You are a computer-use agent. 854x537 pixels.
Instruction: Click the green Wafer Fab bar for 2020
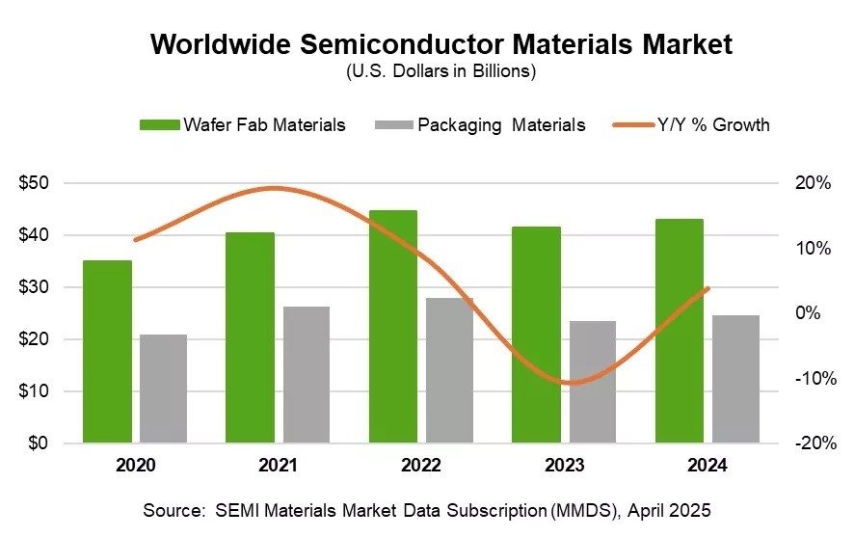pyautogui.click(x=107, y=352)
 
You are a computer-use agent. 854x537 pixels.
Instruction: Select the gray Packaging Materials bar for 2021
pyautogui.click(x=307, y=375)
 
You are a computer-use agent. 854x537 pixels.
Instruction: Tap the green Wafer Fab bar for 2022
pyautogui.click(x=393, y=327)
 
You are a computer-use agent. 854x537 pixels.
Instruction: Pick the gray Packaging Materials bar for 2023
pyautogui.click(x=593, y=382)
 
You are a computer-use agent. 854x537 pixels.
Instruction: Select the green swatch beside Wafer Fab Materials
pyautogui.click(x=159, y=124)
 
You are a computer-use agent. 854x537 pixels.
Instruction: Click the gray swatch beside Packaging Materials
pyautogui.click(x=391, y=124)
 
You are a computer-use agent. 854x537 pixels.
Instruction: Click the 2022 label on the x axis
pyautogui.click(x=421, y=465)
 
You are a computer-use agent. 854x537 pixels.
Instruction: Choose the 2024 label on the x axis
pyautogui.click(x=707, y=465)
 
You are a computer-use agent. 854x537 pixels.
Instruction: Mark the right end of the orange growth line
pyautogui.click(x=708, y=288)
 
